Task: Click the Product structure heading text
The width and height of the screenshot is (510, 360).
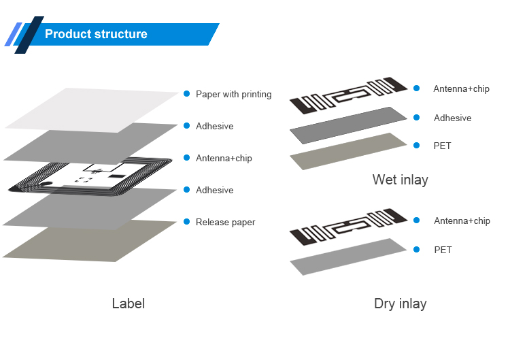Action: (96, 34)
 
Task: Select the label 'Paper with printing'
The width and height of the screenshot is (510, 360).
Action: (233, 95)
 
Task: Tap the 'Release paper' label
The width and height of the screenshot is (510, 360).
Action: (225, 223)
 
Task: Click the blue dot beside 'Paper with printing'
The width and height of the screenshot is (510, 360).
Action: (186, 94)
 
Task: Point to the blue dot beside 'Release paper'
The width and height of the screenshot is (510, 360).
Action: (186, 222)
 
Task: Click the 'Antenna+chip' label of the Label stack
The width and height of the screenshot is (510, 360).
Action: (224, 159)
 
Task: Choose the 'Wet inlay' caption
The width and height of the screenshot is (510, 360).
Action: (400, 180)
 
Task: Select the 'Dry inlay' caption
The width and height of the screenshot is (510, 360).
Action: (400, 304)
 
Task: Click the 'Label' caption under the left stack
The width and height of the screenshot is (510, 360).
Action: (128, 304)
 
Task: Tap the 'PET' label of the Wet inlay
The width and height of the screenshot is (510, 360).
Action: (442, 146)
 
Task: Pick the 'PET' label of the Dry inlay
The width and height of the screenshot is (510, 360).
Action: (443, 250)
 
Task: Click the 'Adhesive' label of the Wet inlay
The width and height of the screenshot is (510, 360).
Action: (452, 118)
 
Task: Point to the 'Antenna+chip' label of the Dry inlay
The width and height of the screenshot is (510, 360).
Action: (462, 221)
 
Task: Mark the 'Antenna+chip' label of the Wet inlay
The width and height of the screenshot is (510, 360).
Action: (461, 89)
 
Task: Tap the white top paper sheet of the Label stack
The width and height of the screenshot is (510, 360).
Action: (95, 109)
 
